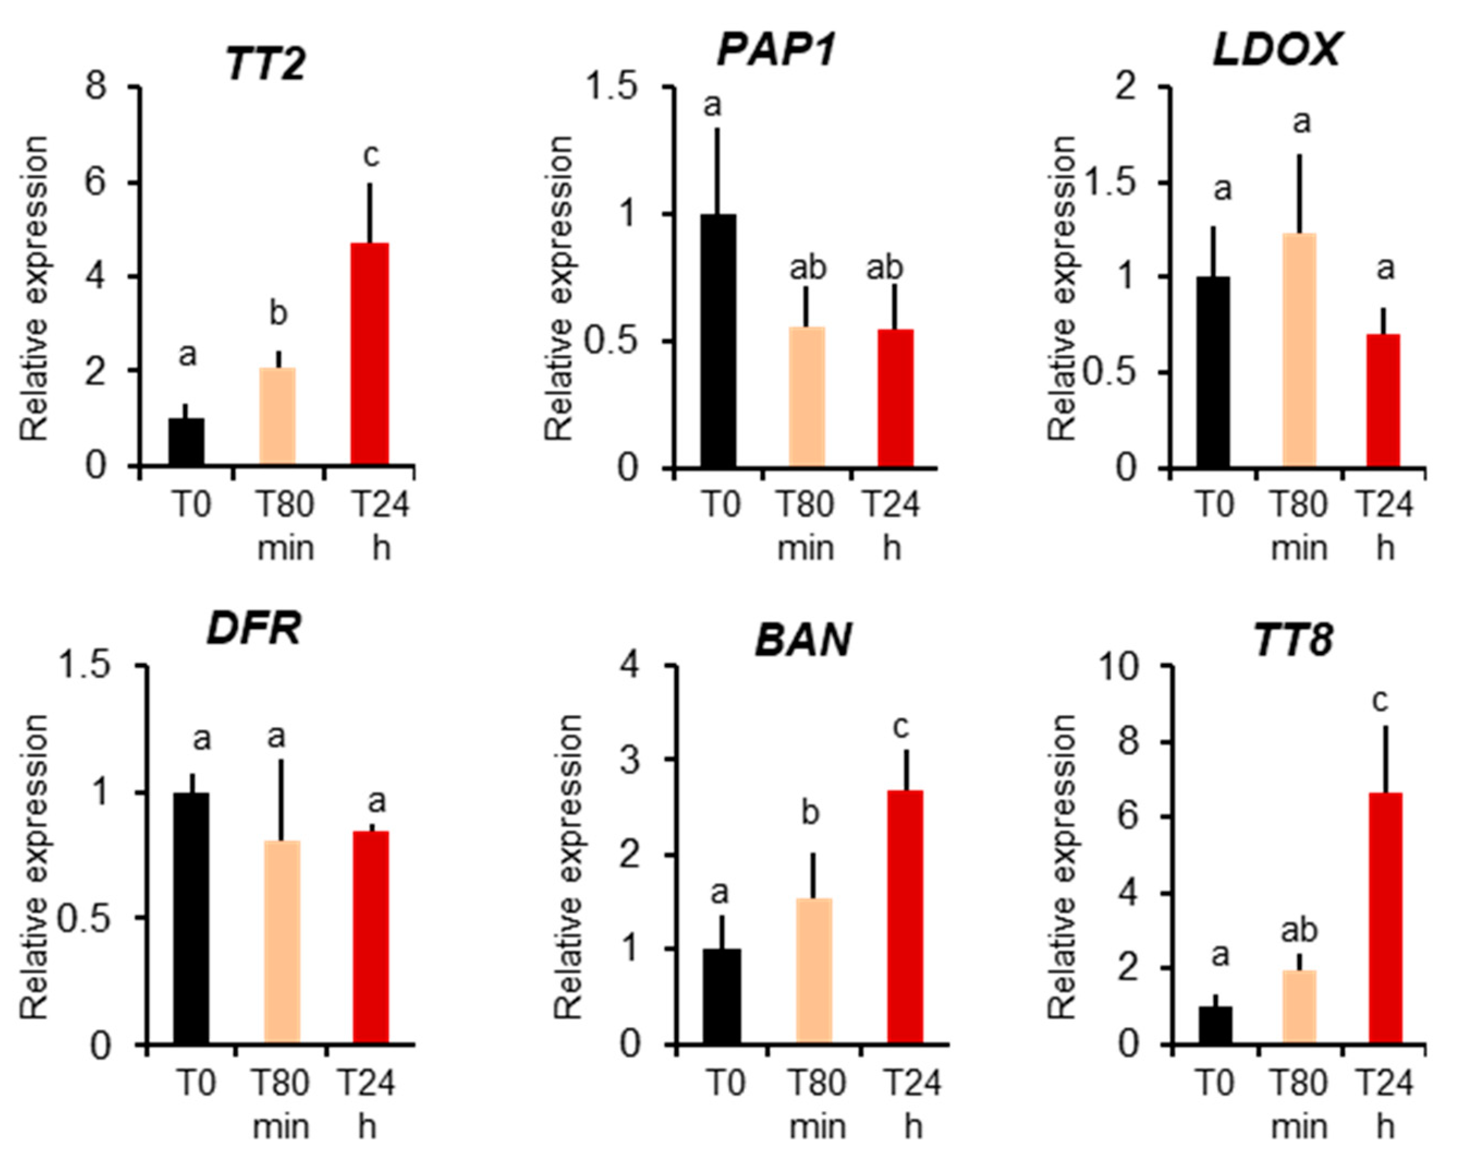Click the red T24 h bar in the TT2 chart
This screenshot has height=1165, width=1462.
(370, 354)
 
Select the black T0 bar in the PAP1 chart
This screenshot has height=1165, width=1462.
(718, 341)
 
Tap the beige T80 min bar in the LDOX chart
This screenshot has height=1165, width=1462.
(1299, 350)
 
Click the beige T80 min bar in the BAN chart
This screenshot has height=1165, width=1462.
(813, 971)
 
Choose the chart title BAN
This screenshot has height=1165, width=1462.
(803, 640)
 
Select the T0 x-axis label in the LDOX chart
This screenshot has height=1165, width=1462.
(1213, 505)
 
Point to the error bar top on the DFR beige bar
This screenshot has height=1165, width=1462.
(282, 761)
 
